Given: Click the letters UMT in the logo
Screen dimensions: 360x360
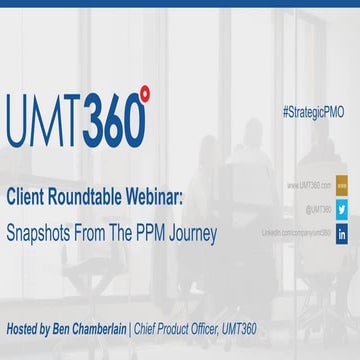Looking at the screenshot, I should [46, 120].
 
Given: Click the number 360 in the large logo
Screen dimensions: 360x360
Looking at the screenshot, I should [113, 121].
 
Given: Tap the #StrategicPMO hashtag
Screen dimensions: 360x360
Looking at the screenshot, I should [313, 112].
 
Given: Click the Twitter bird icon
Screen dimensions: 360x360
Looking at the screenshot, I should [341, 209].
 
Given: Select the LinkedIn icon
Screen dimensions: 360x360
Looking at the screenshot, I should [341, 233].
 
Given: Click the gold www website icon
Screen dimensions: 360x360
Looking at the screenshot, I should [341, 185].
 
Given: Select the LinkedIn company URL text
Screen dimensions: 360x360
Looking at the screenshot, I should [296, 232].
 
